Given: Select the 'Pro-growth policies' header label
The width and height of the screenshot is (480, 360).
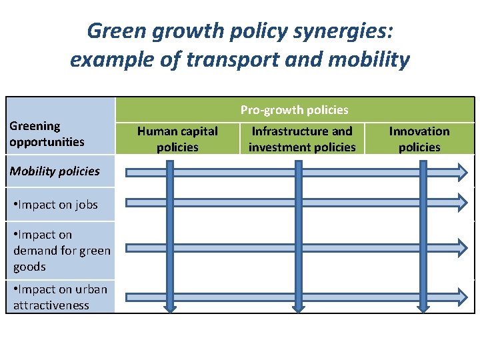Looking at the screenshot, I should [x=294, y=109].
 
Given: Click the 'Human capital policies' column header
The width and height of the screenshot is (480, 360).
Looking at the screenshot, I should [x=177, y=139].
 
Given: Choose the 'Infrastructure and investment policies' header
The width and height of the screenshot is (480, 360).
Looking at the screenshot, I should [x=302, y=139].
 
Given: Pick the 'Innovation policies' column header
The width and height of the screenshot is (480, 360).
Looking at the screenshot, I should [x=419, y=139].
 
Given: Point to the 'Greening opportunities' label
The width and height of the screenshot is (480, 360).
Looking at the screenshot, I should [x=47, y=133].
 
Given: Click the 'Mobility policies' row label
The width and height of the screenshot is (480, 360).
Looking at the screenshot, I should [x=55, y=171].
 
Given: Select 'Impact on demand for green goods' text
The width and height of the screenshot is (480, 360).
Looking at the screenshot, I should [x=61, y=250].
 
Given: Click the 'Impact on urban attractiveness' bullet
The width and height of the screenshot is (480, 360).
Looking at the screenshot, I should [x=60, y=297].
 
